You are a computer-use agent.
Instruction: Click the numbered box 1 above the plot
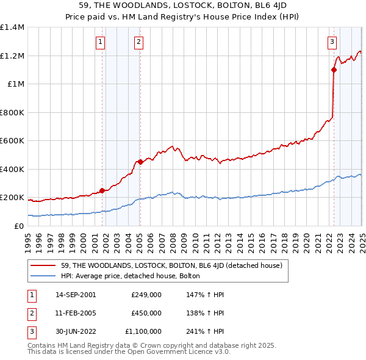tap(100, 42)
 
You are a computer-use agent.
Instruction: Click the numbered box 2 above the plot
tap(139, 42)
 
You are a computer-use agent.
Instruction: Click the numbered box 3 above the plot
tap(332, 42)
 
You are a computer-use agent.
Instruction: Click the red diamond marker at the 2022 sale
tap(334, 70)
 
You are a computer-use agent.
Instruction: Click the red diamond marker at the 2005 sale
tap(140, 162)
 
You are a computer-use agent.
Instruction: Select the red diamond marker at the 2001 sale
tap(102, 190)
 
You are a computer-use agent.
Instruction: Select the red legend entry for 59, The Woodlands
tap(171, 265)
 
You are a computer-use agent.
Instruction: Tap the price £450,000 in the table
tap(146, 313)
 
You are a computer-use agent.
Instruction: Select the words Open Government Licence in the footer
tap(173, 351)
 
